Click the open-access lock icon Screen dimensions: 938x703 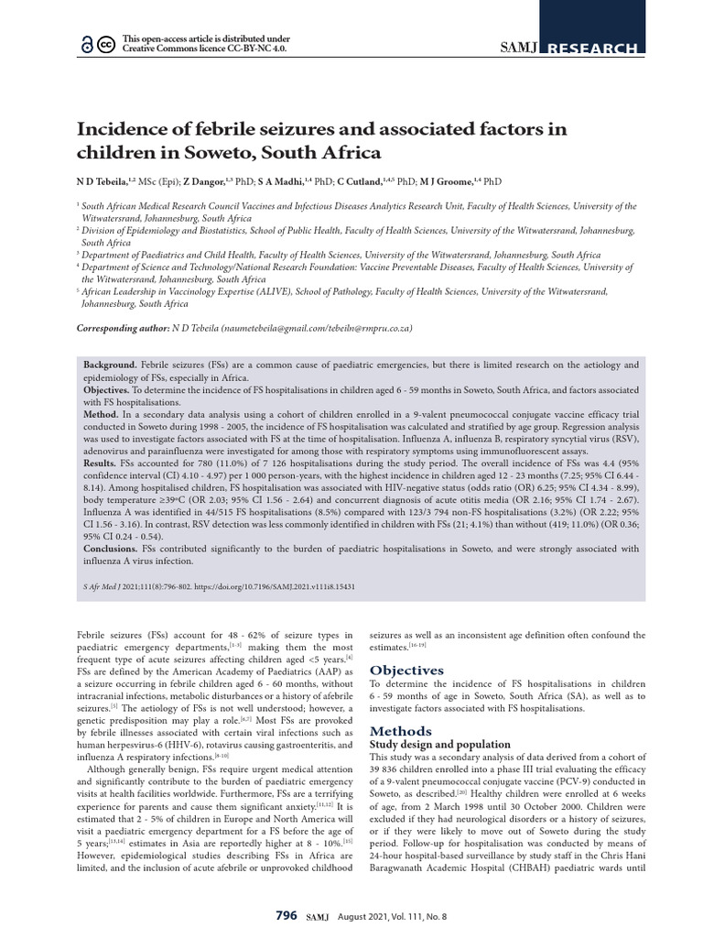(x=88, y=44)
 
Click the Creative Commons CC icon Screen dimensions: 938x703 (x=105, y=44)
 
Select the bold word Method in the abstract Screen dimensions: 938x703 (x=103, y=413)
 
